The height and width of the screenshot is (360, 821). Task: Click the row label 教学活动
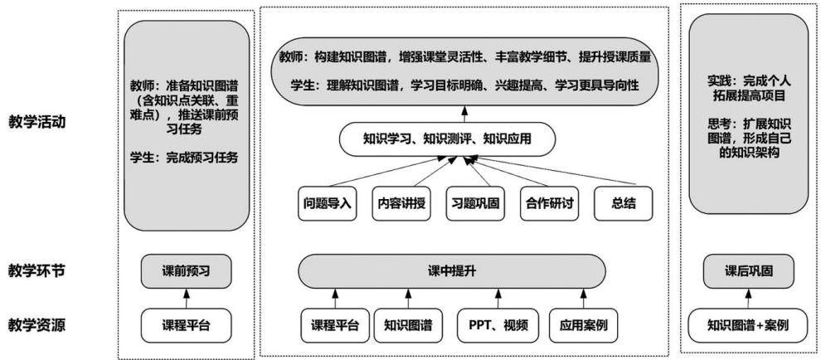37,123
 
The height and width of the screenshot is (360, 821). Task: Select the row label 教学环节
37,271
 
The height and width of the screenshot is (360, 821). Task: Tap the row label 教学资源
37,325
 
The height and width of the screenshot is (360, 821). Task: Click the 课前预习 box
187,271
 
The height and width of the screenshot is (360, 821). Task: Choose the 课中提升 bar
451,271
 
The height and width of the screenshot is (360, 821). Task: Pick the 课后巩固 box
748,271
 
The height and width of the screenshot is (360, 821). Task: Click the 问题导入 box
328,203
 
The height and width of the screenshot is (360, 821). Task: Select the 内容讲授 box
401,203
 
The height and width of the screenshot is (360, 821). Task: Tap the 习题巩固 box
476,203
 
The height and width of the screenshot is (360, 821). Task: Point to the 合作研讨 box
550,203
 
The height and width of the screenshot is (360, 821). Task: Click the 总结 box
624,203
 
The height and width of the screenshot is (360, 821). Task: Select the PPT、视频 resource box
497,325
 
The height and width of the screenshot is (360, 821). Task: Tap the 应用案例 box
583,325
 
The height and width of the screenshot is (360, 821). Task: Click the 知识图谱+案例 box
748,325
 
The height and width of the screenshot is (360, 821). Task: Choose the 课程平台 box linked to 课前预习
187,325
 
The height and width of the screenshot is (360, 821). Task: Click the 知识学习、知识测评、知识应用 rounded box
447,139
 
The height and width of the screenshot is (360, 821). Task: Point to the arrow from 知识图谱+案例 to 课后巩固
748,298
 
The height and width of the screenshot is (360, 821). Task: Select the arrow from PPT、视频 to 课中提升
498,299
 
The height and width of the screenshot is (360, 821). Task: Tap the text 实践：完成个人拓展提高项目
748,90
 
